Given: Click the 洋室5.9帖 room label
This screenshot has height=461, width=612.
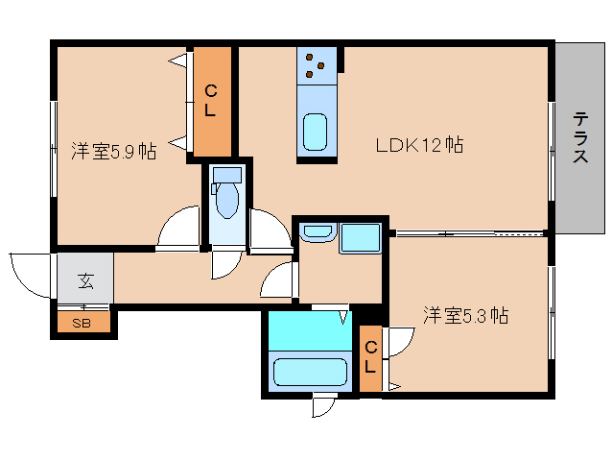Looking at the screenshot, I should (x=113, y=151).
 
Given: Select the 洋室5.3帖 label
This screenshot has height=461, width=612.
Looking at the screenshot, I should (x=466, y=315).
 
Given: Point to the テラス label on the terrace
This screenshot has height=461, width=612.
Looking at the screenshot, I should (x=580, y=137).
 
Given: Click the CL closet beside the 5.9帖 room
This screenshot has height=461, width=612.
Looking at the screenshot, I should (x=211, y=102).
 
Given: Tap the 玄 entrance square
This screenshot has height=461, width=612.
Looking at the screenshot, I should (x=85, y=280).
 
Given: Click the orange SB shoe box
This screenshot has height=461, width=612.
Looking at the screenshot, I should (x=83, y=322).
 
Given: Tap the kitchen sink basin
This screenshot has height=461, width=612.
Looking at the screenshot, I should (x=316, y=132).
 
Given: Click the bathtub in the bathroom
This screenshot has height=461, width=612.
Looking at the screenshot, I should (x=310, y=373).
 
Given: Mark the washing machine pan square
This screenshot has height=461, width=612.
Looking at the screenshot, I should (x=361, y=237).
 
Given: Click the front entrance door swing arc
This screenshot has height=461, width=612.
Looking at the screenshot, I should (x=29, y=273).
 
